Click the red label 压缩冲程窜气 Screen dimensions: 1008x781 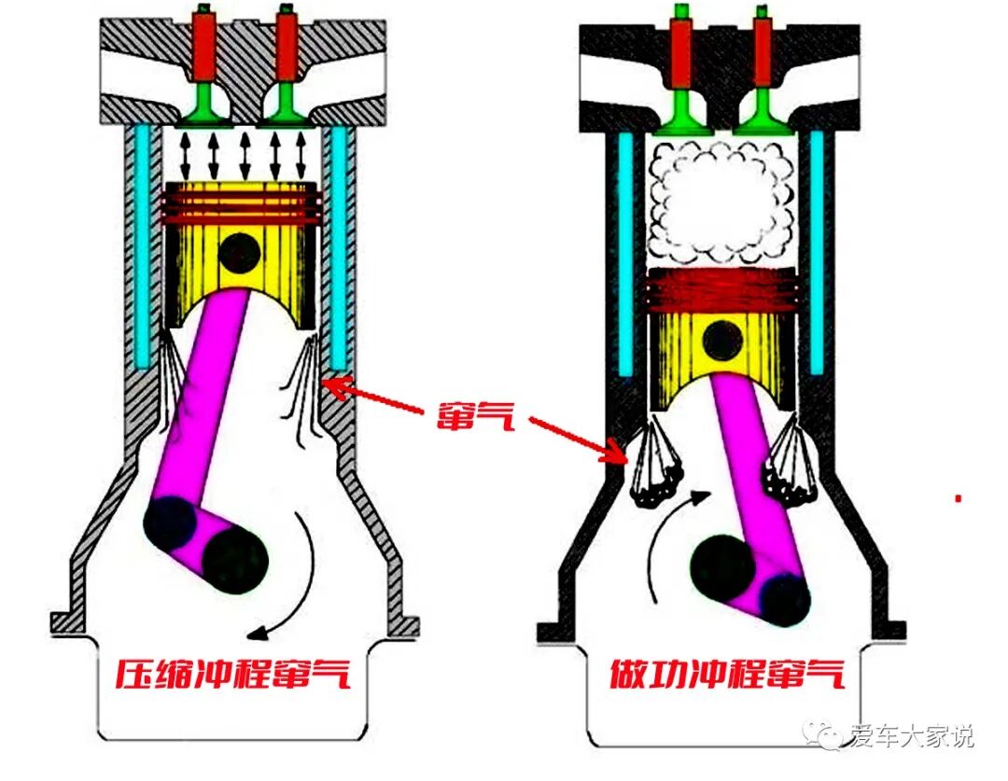(232, 673)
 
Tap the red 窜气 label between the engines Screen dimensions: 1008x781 (476, 414)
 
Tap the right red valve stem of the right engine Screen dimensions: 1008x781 (763, 51)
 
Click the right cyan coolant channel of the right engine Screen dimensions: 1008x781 (818, 252)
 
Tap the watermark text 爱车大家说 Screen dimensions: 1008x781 (912, 736)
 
